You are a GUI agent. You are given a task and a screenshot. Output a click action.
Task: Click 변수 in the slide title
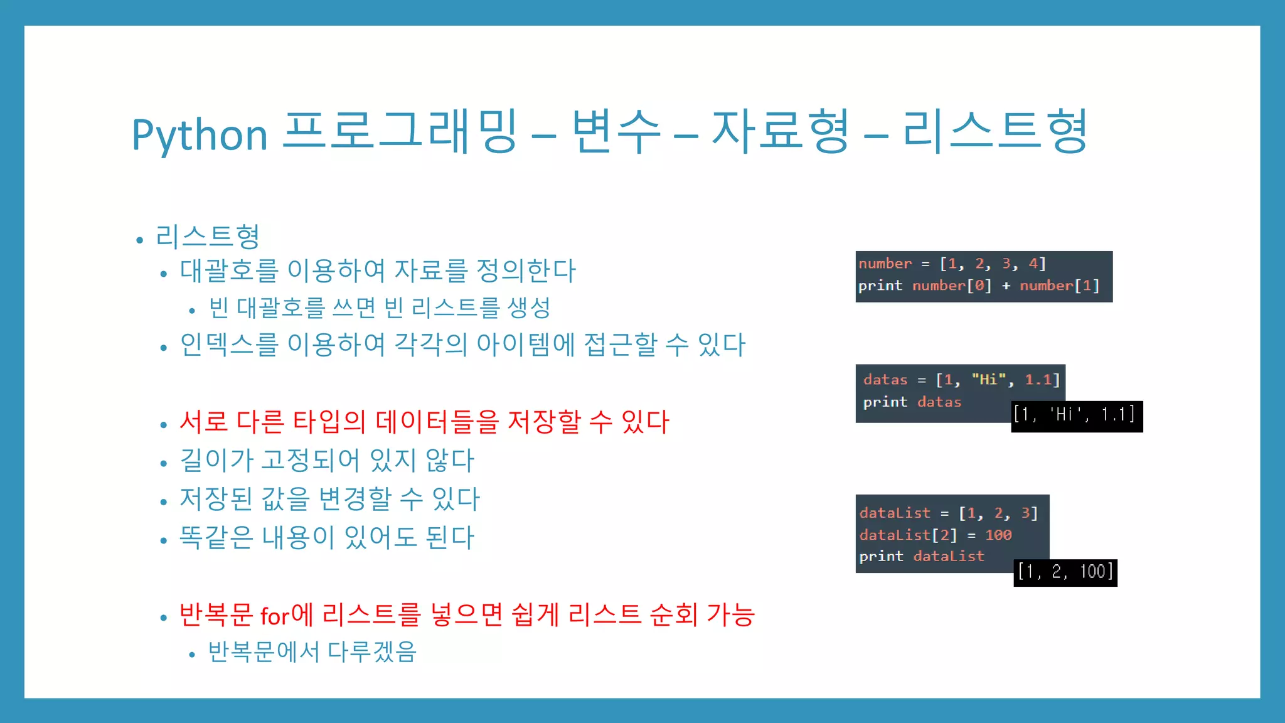tap(616, 132)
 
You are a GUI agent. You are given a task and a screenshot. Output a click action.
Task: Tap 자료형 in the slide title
tap(781, 132)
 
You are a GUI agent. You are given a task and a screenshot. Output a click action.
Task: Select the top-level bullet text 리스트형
tap(208, 237)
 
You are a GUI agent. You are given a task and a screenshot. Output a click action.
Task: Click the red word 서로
tap(203, 421)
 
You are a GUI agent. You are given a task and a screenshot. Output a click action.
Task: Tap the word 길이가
tap(216, 460)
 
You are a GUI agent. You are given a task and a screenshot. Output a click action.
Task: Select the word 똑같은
tap(216, 537)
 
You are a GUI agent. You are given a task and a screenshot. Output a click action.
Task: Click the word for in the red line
tap(275, 616)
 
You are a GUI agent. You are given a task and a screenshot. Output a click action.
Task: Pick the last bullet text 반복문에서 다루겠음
tap(312, 651)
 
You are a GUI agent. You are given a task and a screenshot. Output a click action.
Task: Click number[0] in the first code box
tap(952, 286)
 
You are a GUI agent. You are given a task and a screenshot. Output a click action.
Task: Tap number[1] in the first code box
tap(1060, 286)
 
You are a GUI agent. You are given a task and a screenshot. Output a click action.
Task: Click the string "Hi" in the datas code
tap(988, 379)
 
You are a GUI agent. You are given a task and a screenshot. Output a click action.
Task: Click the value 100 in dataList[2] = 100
tap(998, 535)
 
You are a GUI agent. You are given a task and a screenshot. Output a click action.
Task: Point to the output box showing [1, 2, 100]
tap(1065, 572)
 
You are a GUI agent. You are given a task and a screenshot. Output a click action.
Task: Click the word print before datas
tap(885, 402)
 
